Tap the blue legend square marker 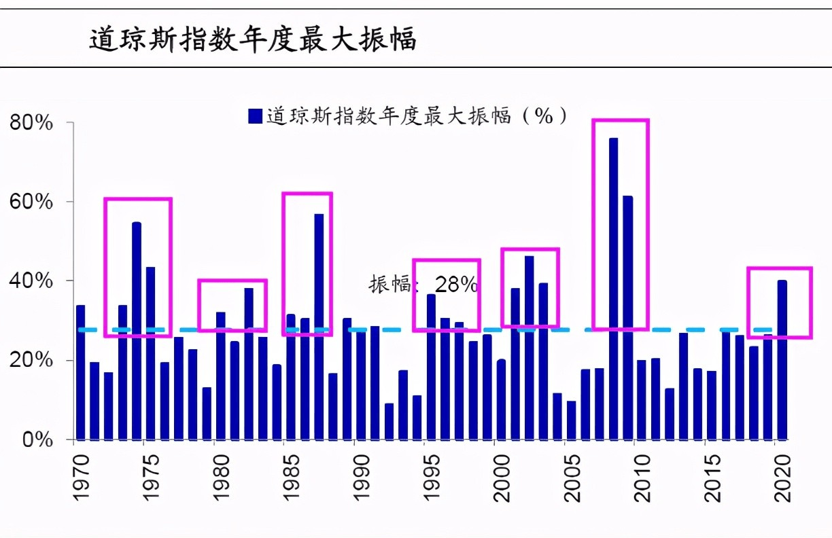tap(256, 116)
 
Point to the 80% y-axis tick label tap(31, 124)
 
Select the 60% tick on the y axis tap(31, 202)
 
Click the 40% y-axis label tap(31, 281)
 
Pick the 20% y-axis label tap(31, 360)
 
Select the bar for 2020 tap(782, 360)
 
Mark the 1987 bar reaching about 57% tap(319, 326)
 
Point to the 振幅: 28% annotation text tap(423, 285)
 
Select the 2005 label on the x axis tap(572, 479)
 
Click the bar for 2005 tap(572, 420)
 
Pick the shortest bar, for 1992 tap(389, 421)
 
